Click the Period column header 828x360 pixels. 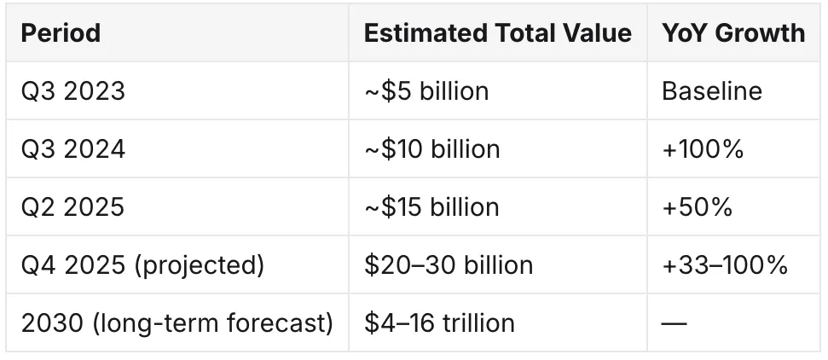pyautogui.click(x=61, y=33)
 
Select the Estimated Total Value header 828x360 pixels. pyautogui.click(x=497, y=33)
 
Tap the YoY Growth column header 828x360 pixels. pyautogui.click(x=733, y=33)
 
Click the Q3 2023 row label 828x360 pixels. pyautogui.click(x=72, y=91)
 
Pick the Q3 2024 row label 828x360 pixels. pyautogui.click(x=72, y=149)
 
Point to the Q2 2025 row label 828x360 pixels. pyautogui.click(x=72, y=206)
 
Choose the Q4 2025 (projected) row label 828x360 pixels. pyautogui.click(x=142, y=265)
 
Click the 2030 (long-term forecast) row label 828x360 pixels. pyautogui.click(x=177, y=323)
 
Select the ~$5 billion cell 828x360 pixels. pyautogui.click(x=426, y=91)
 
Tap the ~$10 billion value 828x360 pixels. pyautogui.click(x=432, y=149)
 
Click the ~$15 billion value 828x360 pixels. pyautogui.click(x=431, y=206)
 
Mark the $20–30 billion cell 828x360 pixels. pyautogui.click(x=449, y=264)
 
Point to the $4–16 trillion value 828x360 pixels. pyautogui.click(x=439, y=323)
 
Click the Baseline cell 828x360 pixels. pyautogui.click(x=712, y=91)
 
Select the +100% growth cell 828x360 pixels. pyautogui.click(x=703, y=149)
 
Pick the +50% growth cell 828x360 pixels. pyautogui.click(x=697, y=206)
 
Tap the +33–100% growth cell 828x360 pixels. pyautogui.click(x=725, y=264)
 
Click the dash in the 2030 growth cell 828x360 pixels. pyautogui.click(x=675, y=322)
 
